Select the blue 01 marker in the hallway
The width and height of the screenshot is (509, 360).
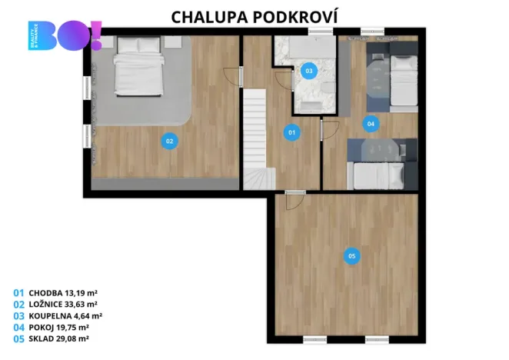click(292, 132)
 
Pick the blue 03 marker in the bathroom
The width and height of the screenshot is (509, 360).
click(308, 71)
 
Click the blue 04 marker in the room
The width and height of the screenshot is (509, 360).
click(371, 123)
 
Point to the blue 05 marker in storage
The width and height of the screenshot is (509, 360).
click(351, 256)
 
